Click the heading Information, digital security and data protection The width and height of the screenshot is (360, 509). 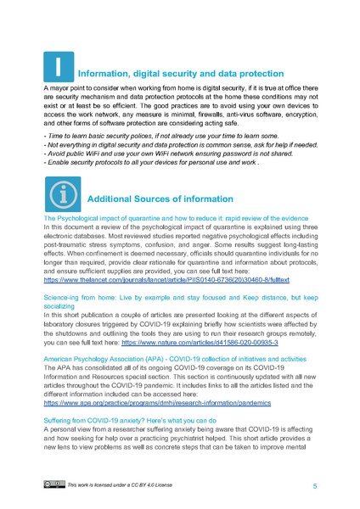tap(189, 73)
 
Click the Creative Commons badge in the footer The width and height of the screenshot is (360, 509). tap(53, 484)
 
